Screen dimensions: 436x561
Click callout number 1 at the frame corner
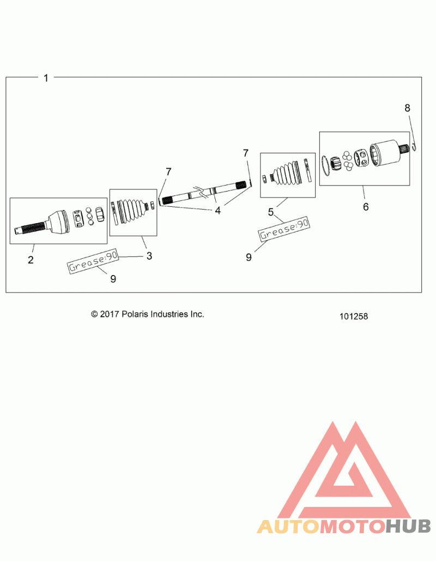click(46, 77)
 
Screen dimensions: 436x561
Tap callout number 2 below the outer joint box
click(31, 260)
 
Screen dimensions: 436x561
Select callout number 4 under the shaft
click(217, 211)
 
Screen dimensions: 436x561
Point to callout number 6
click(366, 206)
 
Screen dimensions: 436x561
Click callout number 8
click(408, 108)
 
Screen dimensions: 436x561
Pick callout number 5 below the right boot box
click(271, 212)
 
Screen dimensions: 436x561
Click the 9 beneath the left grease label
click(113, 279)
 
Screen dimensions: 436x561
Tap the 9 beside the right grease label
click(249, 257)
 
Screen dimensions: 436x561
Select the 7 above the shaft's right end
click(245, 153)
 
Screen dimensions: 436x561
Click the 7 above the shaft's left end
click(168, 172)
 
